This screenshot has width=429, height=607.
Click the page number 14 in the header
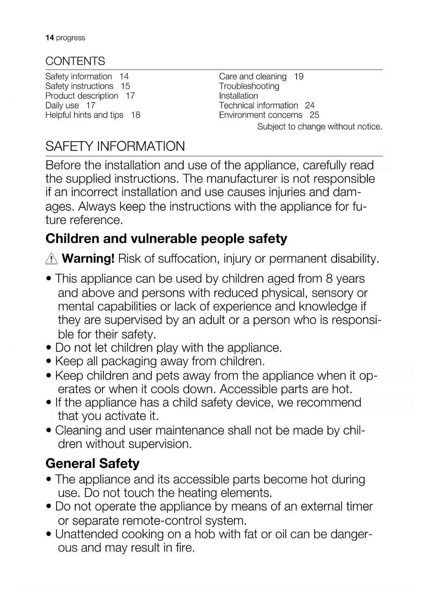coord(49,38)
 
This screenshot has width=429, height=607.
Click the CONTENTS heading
coord(75,61)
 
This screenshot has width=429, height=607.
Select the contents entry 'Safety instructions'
coord(79,86)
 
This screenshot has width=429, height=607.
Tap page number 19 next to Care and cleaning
coord(299,76)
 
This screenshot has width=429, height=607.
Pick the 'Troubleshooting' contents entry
coord(249,86)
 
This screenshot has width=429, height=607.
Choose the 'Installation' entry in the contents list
coord(238,96)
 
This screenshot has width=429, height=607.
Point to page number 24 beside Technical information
coord(310,106)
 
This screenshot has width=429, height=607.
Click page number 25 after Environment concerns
coord(314,115)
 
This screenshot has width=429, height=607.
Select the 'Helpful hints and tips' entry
coord(84,115)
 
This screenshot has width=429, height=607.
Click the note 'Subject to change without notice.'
coord(320,127)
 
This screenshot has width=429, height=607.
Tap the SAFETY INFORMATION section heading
coord(115,146)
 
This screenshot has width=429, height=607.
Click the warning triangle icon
coord(51,259)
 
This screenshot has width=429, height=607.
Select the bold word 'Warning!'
coord(88,259)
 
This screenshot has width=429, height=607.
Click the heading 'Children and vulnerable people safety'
coord(166,239)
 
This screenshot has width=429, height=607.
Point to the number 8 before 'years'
coord(329,279)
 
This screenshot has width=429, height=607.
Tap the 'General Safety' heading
coord(92,463)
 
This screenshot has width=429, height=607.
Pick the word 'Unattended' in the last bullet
coord(87,534)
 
